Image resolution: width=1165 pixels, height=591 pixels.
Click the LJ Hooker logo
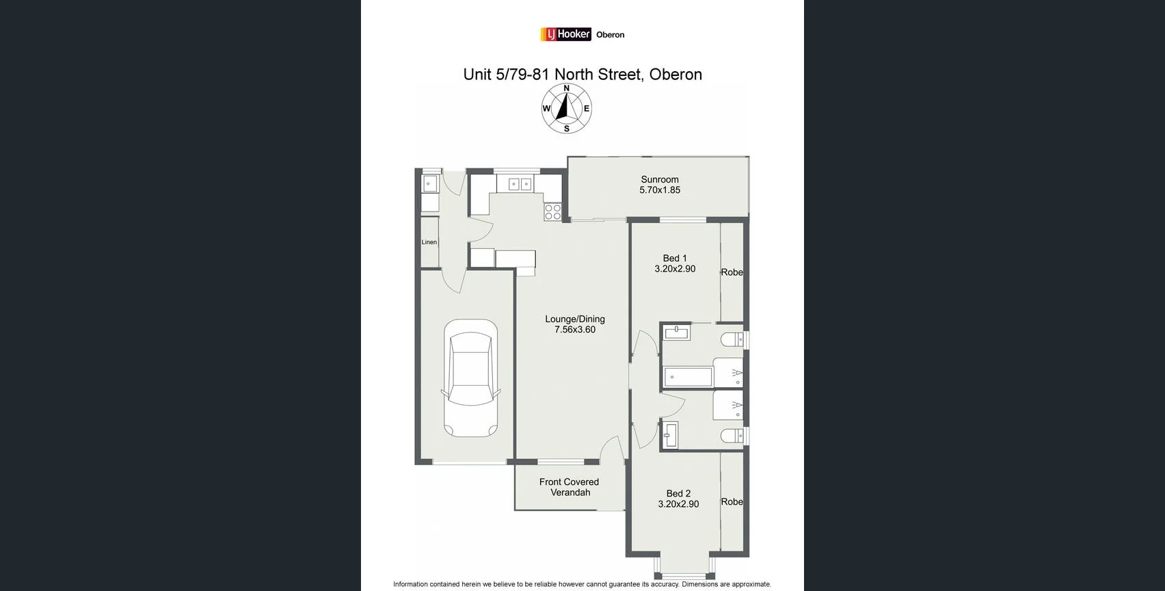tap(565, 34)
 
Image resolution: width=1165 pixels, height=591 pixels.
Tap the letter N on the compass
tap(566, 88)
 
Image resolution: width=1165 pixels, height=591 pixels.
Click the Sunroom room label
tap(659, 179)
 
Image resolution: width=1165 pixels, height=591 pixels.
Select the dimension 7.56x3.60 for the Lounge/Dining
tap(575, 330)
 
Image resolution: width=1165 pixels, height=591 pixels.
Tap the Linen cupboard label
tap(429, 242)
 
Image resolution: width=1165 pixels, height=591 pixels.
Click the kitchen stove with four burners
tap(552, 211)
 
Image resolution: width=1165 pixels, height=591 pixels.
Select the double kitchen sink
tap(520, 183)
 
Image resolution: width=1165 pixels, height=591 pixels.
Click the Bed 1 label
tap(675, 258)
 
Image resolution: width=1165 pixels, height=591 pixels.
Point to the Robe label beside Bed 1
tap(732, 272)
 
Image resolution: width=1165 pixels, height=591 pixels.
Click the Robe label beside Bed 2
tap(732, 501)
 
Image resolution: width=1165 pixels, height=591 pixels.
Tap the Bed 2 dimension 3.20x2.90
tap(678, 504)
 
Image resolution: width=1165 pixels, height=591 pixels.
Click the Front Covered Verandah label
tap(570, 487)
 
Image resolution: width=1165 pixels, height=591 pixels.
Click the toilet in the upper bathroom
tap(732, 339)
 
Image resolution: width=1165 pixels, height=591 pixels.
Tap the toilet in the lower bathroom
tap(732, 435)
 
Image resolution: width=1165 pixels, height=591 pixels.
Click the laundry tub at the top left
tap(429, 183)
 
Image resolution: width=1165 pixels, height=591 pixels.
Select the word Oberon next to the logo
tap(610, 35)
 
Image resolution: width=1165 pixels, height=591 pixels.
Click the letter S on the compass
tap(566, 129)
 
